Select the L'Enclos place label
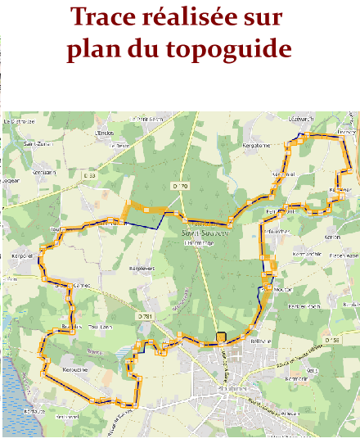[x=104, y=133]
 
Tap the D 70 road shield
[x=181, y=187]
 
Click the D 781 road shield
[x=144, y=315]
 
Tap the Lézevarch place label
[x=301, y=120]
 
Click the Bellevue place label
[x=261, y=341]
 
